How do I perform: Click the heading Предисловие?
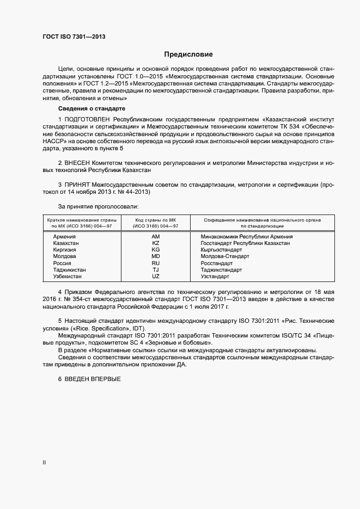[188, 54]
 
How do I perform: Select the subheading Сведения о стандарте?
[91, 109]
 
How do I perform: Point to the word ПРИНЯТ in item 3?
[78, 185]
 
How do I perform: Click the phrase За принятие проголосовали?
[98, 207]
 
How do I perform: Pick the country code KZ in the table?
[156, 243]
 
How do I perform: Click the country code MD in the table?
[156, 256]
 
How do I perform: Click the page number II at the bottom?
[44, 462]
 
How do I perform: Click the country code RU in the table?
[156, 263]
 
